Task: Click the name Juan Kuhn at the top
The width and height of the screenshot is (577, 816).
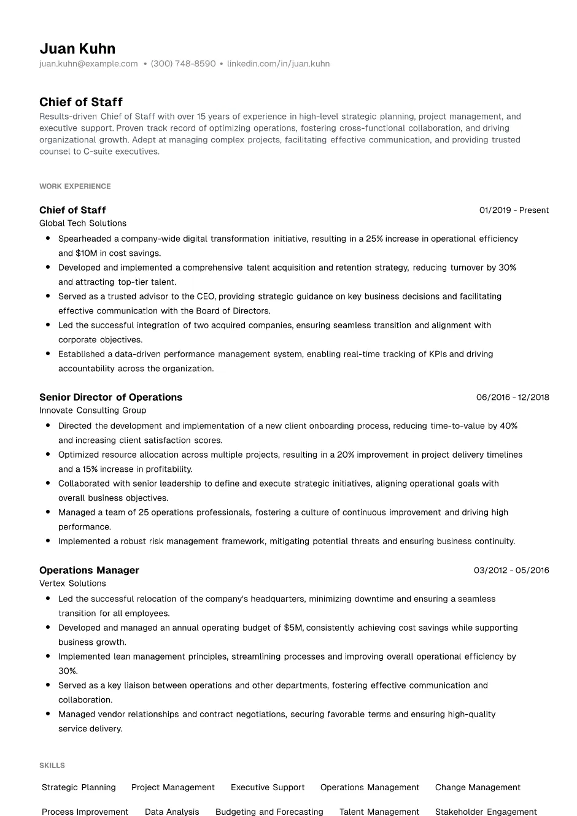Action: (77, 48)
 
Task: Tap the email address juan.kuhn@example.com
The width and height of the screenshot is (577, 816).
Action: (88, 64)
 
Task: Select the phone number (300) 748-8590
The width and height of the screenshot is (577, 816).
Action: (183, 64)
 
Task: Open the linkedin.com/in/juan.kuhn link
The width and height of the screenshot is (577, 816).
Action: (278, 64)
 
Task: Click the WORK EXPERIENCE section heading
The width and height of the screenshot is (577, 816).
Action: (75, 187)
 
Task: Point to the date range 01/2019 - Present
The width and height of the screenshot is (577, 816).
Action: (514, 210)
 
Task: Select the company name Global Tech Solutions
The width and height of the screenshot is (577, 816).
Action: (83, 223)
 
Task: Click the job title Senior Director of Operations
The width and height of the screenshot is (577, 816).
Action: (110, 398)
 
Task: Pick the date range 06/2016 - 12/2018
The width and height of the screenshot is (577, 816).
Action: (513, 398)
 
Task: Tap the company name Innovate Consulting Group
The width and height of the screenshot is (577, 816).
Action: (93, 410)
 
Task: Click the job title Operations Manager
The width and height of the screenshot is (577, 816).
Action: (89, 571)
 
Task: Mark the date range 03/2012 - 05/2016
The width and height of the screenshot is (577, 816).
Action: (511, 571)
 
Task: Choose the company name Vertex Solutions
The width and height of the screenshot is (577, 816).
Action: (72, 583)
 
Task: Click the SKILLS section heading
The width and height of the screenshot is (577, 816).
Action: (52, 766)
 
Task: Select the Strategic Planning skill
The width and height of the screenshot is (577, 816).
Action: (79, 788)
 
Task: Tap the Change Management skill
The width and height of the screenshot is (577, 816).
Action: (478, 788)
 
